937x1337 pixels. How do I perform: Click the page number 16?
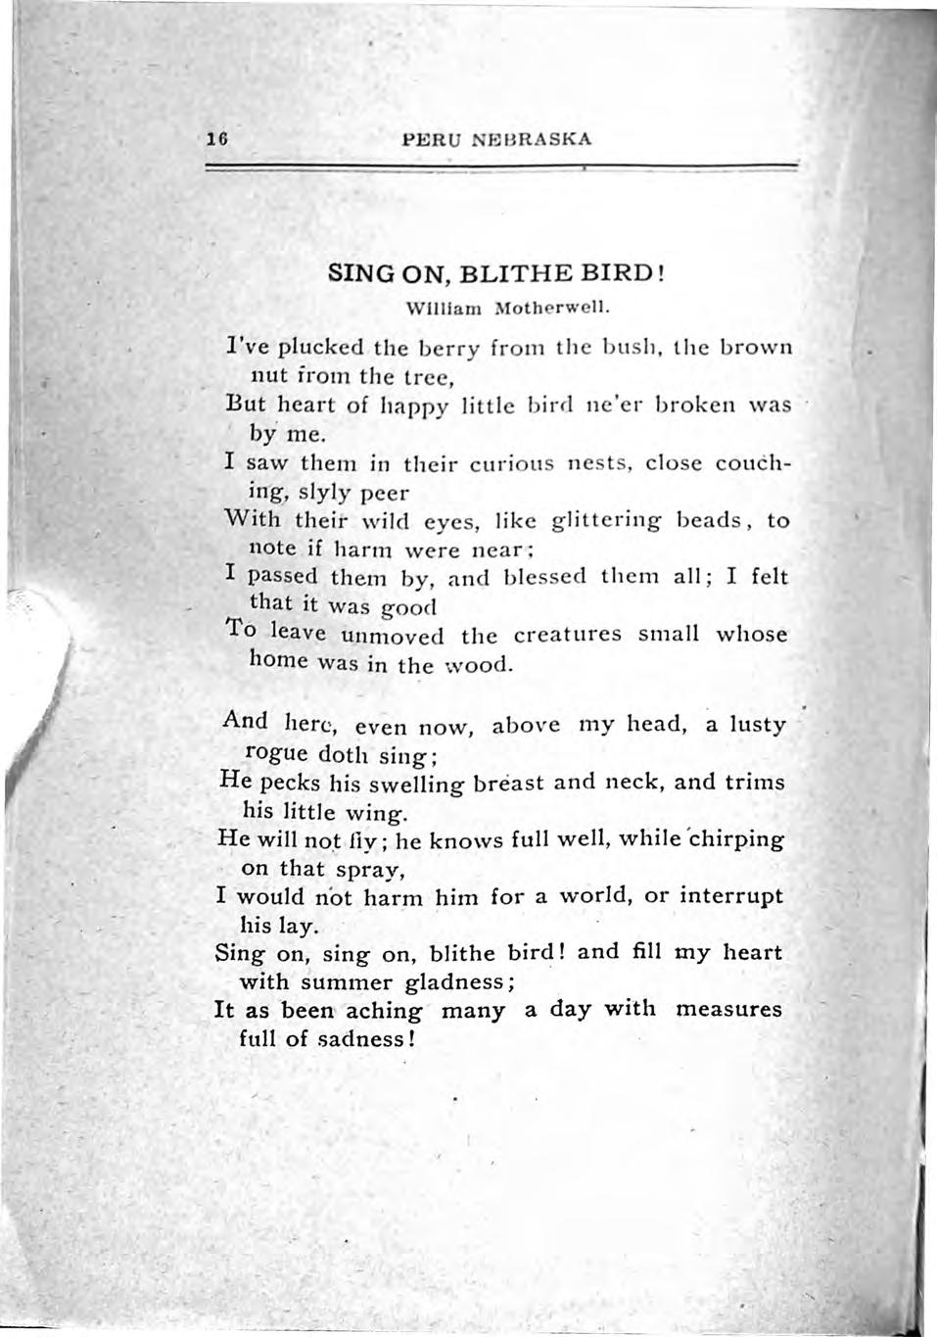pos(216,139)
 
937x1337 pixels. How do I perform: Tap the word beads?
pos(710,519)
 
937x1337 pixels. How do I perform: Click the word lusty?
pos(757,725)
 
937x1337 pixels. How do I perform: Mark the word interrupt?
pos(729,896)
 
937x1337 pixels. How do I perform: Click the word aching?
pos(383,1011)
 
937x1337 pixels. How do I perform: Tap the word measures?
pos(728,1009)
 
